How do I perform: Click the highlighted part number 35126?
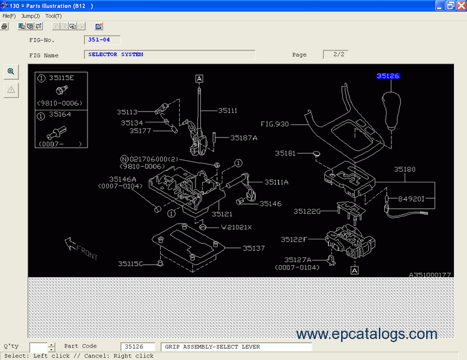tap(388, 76)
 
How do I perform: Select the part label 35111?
tap(228, 110)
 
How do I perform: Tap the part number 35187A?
tap(243, 138)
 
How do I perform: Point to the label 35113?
tap(127, 112)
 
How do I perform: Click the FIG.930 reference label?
tap(275, 124)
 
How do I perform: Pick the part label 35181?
tap(285, 154)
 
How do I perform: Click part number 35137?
tap(254, 248)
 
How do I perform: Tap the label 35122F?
tap(294, 239)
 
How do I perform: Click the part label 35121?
tap(222, 214)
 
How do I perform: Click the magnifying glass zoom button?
tap(11, 71)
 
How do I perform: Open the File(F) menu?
tap(9, 16)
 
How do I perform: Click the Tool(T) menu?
tap(53, 16)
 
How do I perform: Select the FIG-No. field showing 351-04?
tap(102, 40)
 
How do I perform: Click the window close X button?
tap(460, 5)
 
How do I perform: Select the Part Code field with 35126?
tap(138, 347)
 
